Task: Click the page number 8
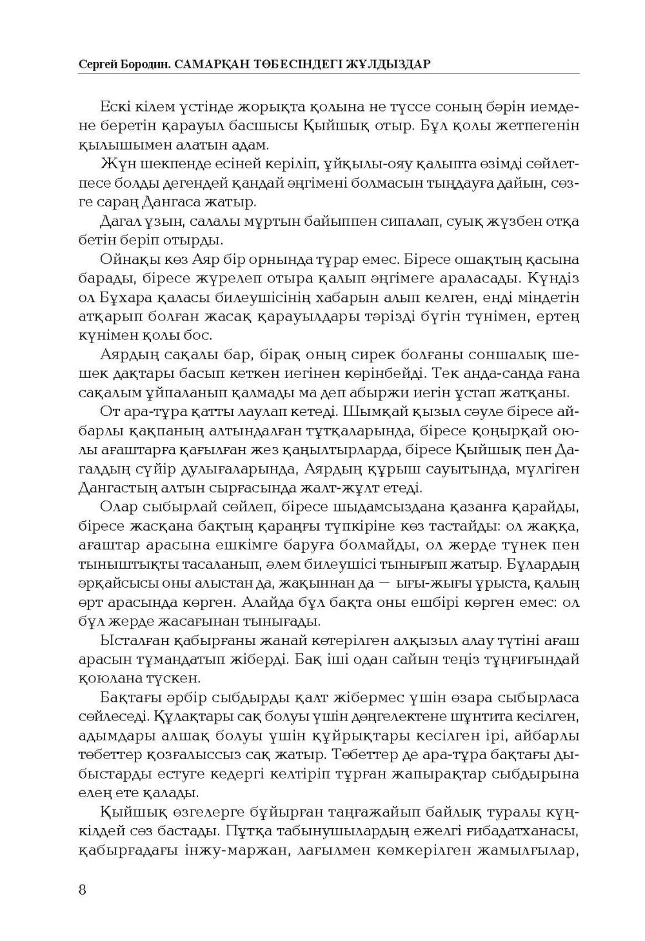tap(82, 889)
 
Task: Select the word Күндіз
tap(553, 279)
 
